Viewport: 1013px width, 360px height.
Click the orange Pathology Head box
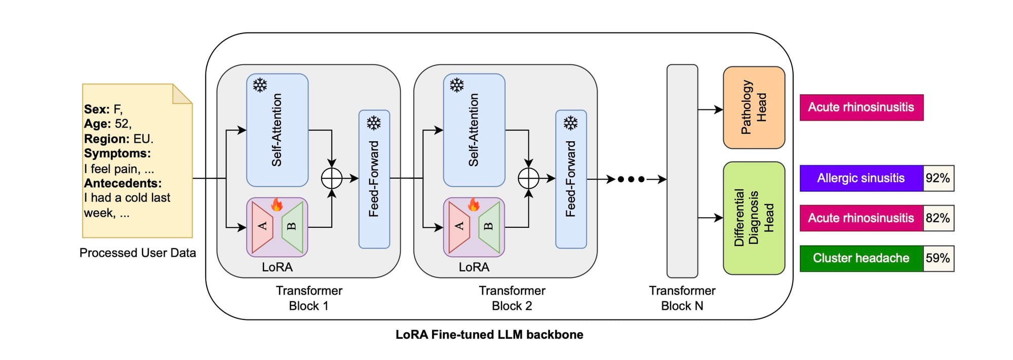pyautogui.click(x=754, y=107)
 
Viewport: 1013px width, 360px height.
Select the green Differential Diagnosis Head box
pyautogui.click(x=754, y=218)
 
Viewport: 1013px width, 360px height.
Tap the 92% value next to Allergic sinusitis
pyautogui.click(x=938, y=178)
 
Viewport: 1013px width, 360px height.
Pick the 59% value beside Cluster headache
pyautogui.click(x=938, y=258)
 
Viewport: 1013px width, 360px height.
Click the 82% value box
pyautogui.click(x=938, y=218)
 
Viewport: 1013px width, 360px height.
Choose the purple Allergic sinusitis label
pyautogui.click(x=861, y=178)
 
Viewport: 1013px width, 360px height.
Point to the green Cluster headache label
pyautogui.click(x=861, y=258)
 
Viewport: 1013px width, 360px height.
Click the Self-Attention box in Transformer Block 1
pyautogui.click(x=277, y=130)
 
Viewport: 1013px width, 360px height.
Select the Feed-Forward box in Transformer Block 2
pyautogui.click(x=571, y=179)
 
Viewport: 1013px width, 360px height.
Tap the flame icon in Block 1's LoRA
pyautogui.click(x=277, y=204)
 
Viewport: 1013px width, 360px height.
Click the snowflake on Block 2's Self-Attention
pyautogui.click(x=457, y=85)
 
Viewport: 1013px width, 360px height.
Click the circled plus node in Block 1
pyautogui.click(x=332, y=178)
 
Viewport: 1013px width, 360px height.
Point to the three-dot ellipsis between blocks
pyautogui.click(x=631, y=179)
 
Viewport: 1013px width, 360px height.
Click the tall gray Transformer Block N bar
pyautogui.click(x=682, y=171)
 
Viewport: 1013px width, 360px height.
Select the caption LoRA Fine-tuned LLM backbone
pyautogui.click(x=489, y=335)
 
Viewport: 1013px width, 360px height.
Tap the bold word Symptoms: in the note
pyautogui.click(x=118, y=153)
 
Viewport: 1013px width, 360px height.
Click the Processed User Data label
pyautogui.click(x=138, y=253)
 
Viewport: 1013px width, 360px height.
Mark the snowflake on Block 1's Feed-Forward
pyautogui.click(x=374, y=123)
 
